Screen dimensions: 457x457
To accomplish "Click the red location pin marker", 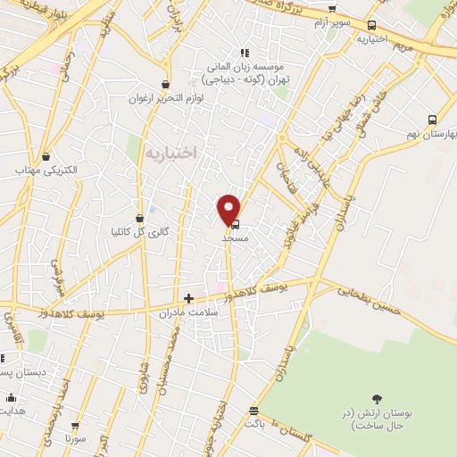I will click(x=229, y=208).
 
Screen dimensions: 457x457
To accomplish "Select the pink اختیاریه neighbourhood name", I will click(x=170, y=154).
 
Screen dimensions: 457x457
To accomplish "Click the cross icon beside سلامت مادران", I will click(x=187, y=298).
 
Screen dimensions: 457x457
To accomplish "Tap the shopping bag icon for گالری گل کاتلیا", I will click(x=139, y=218).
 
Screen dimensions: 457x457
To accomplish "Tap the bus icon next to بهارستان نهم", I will click(x=432, y=120).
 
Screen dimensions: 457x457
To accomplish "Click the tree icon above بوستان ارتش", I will click(x=378, y=398).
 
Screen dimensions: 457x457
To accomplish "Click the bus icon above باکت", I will click(x=254, y=411).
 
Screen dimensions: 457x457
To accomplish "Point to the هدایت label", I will click(x=12, y=411).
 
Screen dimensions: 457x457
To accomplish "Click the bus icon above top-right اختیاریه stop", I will click(x=371, y=25).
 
